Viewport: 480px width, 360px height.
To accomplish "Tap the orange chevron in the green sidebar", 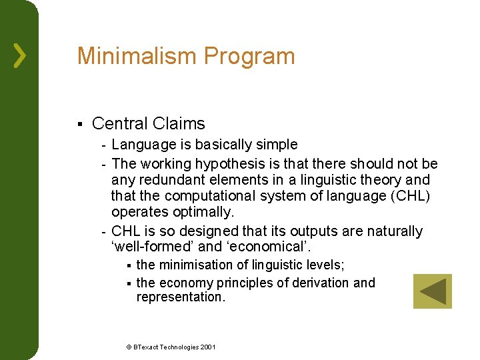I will coord(20,55).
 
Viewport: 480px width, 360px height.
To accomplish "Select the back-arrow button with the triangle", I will coord(432,291).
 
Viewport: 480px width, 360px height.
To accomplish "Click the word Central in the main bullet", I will coord(120,124).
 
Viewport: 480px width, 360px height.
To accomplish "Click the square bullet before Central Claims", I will coord(79,124).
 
